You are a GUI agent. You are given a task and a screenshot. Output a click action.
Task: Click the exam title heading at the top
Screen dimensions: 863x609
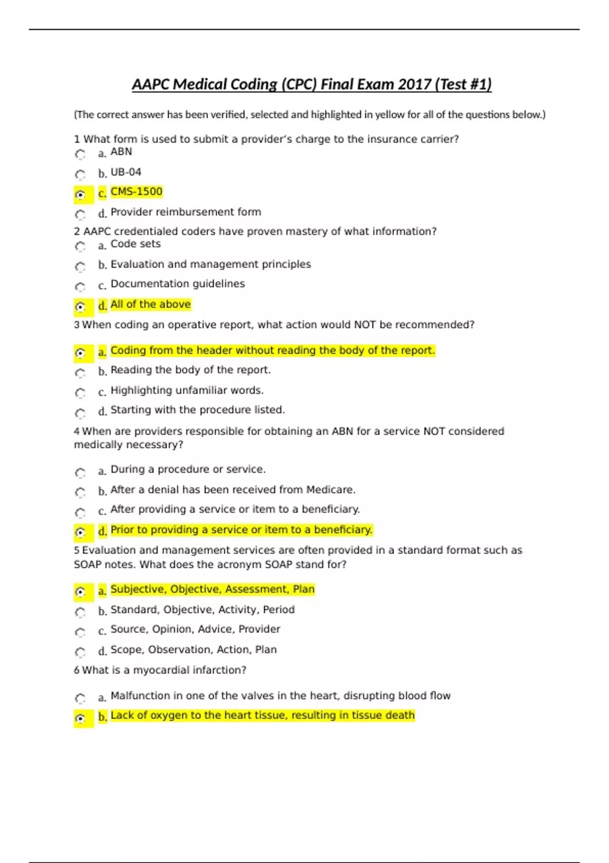click(312, 84)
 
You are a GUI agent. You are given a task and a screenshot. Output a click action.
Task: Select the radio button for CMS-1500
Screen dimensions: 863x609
click(80, 194)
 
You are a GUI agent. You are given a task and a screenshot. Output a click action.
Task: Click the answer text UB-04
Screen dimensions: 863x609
click(126, 172)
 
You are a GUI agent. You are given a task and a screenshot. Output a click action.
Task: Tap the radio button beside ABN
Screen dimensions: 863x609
click(80, 154)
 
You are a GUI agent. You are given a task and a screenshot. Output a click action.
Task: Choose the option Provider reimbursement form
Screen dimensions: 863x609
click(186, 212)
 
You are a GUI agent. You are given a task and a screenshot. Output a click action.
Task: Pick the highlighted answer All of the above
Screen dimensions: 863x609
click(150, 304)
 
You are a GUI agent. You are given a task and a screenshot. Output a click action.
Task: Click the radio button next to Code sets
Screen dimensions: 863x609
click(80, 247)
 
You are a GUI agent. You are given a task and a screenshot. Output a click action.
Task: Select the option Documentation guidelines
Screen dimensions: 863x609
click(178, 284)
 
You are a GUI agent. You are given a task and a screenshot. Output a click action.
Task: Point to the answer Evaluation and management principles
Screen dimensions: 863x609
click(211, 264)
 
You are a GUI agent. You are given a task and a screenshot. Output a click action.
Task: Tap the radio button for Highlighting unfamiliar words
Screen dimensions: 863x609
click(80, 393)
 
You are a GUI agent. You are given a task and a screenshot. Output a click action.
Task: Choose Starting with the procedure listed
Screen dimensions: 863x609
click(197, 410)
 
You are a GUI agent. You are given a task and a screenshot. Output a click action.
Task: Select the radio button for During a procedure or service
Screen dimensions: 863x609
click(80, 473)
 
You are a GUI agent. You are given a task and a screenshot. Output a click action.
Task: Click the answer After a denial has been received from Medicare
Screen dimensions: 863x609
click(233, 489)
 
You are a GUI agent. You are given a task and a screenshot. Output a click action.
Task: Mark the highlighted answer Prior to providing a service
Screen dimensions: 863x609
click(241, 529)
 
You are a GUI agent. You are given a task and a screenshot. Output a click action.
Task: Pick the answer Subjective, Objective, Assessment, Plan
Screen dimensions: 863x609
click(213, 589)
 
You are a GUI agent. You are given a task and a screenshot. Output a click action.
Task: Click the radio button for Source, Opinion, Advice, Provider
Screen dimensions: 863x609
click(80, 633)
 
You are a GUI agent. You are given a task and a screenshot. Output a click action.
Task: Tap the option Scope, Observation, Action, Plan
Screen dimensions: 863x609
click(193, 649)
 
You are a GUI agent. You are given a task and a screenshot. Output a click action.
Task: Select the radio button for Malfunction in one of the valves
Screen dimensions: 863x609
click(80, 699)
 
